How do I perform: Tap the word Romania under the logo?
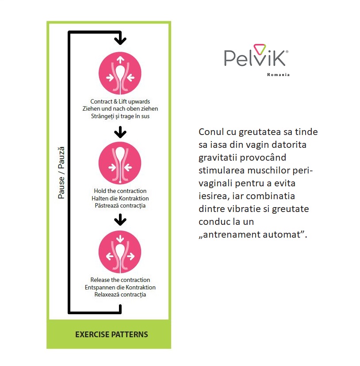278,75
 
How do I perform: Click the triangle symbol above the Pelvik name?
260,49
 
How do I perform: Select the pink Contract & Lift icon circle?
120,73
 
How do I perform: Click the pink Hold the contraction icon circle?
120,163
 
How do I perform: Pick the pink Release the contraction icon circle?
120,252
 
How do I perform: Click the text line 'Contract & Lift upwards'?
120,101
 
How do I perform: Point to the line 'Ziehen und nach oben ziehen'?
120,108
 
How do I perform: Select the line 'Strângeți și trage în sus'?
120,116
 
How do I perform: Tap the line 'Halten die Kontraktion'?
120,198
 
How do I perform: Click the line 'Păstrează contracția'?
120,206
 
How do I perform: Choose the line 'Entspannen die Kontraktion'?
120,287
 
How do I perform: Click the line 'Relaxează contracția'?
120,295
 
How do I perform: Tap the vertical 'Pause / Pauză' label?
61,173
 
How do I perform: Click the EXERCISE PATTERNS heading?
111,335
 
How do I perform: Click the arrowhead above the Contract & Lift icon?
120,41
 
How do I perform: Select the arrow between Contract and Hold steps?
120,132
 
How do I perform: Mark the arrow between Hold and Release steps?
120,220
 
